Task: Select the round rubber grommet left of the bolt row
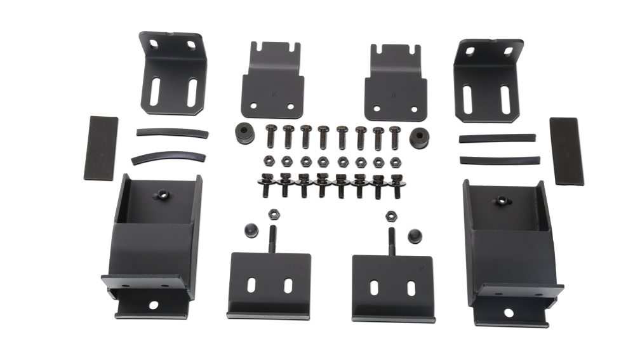[243, 133]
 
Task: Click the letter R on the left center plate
[274, 93]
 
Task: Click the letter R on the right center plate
[394, 95]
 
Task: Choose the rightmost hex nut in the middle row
[397, 163]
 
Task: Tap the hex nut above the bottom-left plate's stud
[274, 214]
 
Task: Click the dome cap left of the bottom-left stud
[250, 231]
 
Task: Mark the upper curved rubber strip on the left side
[170, 135]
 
